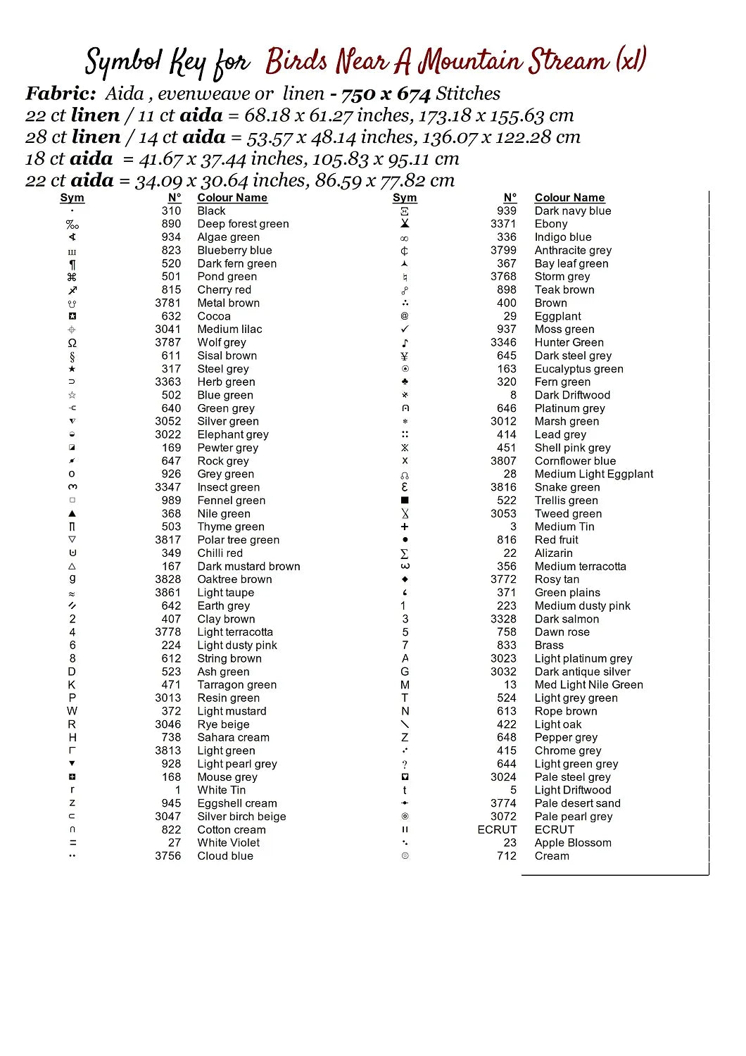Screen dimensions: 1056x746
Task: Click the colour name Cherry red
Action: coord(224,290)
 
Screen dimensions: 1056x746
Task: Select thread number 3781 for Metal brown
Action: coord(167,303)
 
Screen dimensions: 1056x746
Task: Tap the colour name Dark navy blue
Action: coord(572,211)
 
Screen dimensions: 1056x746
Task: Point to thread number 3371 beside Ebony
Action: coord(503,224)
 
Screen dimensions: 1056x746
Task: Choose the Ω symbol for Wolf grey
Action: coord(72,343)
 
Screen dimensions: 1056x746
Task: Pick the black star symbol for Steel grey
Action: coord(72,369)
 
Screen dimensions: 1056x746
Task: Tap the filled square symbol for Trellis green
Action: coord(405,501)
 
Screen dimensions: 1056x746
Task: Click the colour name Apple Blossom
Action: coord(572,843)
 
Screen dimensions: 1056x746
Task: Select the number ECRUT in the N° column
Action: coord(497,830)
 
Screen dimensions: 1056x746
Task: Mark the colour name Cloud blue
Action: coord(225,857)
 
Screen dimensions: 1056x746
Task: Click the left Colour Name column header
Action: coord(232,198)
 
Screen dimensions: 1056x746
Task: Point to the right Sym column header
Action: coord(405,198)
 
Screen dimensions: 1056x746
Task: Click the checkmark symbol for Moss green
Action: coord(405,329)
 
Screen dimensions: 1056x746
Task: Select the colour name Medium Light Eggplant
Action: coord(593,474)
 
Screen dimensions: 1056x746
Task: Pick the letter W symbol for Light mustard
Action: coord(72,711)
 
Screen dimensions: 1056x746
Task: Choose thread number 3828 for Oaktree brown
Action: coord(167,579)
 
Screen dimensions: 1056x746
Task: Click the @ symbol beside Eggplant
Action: coord(405,316)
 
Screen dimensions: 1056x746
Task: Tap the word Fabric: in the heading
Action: coord(61,94)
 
